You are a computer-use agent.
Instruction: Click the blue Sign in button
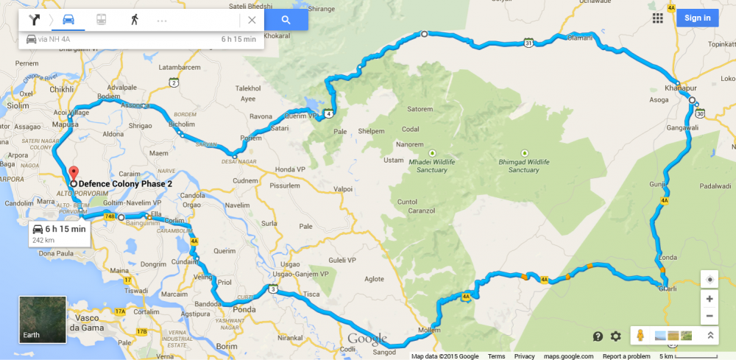click(697, 18)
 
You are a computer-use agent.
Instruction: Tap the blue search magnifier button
click(286, 20)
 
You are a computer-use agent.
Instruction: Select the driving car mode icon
click(68, 20)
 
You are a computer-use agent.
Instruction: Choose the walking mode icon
click(135, 20)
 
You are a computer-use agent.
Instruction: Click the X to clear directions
click(252, 20)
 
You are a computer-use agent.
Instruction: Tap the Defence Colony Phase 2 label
click(125, 183)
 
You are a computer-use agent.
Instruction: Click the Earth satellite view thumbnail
click(42, 320)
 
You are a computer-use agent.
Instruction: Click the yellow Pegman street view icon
click(640, 336)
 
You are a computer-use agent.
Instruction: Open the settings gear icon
click(616, 336)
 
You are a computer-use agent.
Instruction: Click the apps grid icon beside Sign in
click(657, 18)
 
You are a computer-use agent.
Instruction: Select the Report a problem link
click(626, 356)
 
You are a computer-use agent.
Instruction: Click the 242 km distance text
click(44, 241)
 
